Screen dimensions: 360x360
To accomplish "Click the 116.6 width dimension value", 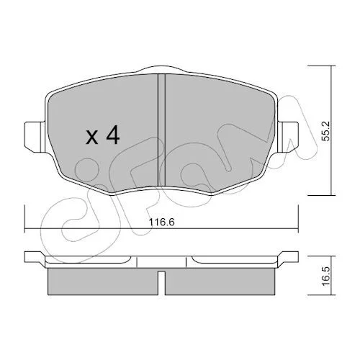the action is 161,222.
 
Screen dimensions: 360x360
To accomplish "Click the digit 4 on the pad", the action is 112,135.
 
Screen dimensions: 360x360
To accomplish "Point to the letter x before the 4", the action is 92,138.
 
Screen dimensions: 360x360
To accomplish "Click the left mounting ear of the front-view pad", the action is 35,137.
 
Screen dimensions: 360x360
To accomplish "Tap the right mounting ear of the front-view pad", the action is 288,137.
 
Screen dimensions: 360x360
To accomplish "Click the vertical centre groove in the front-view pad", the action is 162,130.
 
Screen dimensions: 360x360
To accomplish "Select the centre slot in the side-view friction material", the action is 162,283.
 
